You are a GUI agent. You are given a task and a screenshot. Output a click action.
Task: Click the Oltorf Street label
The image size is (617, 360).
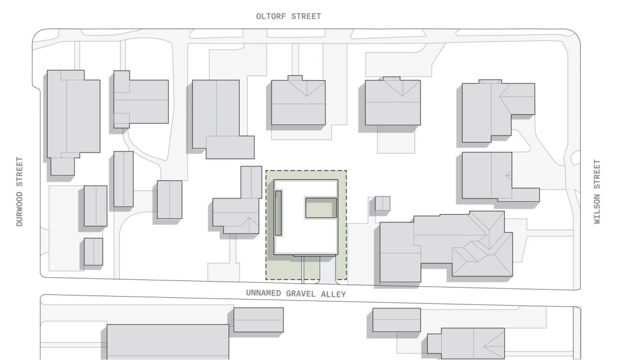coord(289,16)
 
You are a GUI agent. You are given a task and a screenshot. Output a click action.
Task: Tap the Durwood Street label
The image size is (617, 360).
coord(19,191)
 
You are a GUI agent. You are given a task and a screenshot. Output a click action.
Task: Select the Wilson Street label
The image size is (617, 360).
coord(597,192)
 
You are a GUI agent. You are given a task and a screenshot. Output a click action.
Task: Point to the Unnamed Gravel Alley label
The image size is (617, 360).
coord(296,294)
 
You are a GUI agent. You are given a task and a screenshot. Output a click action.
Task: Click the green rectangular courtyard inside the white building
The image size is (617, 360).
coord(321,208)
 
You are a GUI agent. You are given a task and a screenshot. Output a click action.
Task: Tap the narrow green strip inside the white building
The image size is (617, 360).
coord(278,213)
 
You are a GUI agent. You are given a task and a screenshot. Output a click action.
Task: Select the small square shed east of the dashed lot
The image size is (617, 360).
coord(383,204)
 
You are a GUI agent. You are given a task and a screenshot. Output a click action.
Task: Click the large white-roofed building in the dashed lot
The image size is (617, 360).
coord(305,217)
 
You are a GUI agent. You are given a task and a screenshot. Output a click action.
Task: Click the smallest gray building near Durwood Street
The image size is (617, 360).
coord(93,251)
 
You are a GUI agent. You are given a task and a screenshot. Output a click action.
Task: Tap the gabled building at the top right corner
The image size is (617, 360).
coord(498,111)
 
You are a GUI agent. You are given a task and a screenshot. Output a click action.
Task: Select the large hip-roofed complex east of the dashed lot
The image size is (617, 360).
coord(446,247)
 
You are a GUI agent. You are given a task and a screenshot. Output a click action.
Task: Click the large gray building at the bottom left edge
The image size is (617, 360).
coord(168,341)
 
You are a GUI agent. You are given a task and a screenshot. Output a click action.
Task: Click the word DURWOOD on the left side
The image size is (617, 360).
coord(19,209)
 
